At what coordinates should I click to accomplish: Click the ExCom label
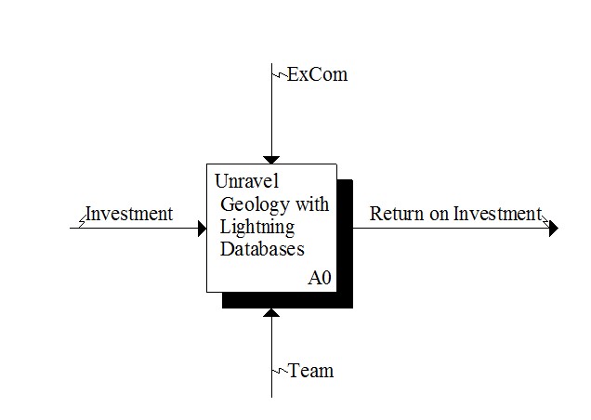(x=318, y=74)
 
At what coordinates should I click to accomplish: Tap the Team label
(x=311, y=371)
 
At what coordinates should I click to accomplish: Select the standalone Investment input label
(x=129, y=214)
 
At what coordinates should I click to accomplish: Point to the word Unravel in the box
(x=247, y=181)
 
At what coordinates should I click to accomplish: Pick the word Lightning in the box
(x=257, y=228)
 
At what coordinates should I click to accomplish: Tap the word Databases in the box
(x=262, y=249)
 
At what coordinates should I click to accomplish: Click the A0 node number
(x=320, y=278)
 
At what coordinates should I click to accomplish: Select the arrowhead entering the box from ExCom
(x=271, y=160)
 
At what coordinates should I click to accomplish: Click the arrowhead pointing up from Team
(x=271, y=312)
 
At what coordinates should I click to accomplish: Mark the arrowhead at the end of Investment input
(x=203, y=228)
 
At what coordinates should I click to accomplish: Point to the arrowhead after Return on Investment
(x=554, y=228)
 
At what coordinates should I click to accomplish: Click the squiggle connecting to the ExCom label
(x=280, y=74)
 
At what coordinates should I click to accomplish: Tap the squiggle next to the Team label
(x=280, y=371)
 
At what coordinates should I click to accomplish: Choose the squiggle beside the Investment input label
(x=83, y=222)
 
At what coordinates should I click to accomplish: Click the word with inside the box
(x=312, y=204)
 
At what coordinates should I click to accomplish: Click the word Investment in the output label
(x=497, y=214)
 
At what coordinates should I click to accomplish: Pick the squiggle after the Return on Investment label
(x=545, y=222)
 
